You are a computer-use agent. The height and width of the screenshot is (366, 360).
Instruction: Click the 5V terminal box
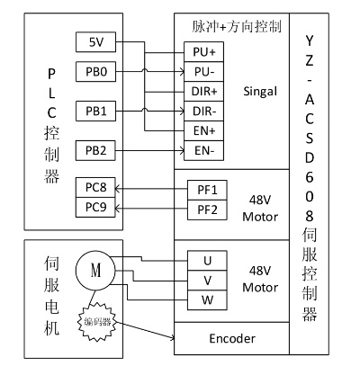point(95,42)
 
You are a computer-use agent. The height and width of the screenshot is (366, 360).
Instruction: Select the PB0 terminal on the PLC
point(95,72)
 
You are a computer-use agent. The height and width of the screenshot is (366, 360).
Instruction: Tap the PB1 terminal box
point(95,112)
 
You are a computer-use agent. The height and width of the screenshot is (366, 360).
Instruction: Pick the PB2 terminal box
point(95,150)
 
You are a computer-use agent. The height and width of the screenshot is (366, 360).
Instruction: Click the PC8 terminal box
point(95,188)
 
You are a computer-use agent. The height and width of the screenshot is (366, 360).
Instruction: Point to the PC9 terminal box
point(95,207)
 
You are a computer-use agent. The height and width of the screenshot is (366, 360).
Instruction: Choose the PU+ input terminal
point(204,52)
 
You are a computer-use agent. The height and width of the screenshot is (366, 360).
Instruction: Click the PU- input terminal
point(204,72)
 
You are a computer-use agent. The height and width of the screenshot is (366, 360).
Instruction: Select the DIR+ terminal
point(204,92)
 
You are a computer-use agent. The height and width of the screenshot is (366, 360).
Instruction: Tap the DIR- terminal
point(204,112)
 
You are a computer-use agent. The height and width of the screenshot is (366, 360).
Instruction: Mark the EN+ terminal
point(204,131)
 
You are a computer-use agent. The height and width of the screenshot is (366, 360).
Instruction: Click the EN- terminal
point(204,150)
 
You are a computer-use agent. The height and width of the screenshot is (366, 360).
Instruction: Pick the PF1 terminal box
point(207,190)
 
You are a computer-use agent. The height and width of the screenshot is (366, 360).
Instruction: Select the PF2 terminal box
point(207,210)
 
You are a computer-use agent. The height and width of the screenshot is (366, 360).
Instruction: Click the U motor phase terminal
point(207,261)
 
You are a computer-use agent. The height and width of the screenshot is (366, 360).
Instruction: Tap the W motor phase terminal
point(207,300)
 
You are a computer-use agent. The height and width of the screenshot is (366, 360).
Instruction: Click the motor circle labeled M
point(95,271)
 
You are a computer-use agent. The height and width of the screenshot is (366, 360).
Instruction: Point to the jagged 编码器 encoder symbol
point(97,322)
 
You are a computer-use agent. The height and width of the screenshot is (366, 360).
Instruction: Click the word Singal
point(260,92)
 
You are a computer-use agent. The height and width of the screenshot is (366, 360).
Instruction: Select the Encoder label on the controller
point(232,339)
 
